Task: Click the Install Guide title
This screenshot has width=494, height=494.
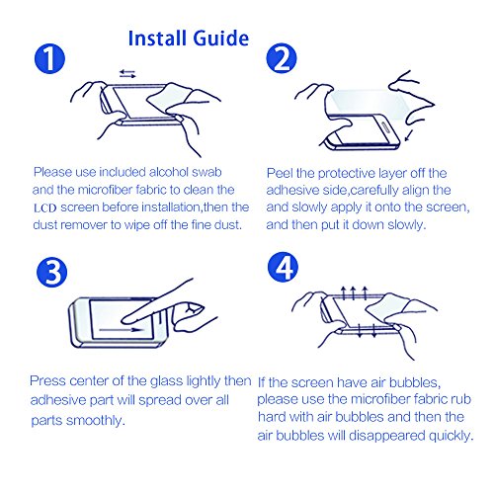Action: click(189, 39)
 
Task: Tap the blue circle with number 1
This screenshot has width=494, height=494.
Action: click(49, 58)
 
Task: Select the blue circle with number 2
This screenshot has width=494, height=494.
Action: click(282, 58)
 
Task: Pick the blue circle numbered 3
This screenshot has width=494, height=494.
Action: click(51, 272)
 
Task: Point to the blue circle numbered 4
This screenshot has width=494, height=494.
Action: click(283, 267)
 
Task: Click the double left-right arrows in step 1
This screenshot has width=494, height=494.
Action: click(127, 73)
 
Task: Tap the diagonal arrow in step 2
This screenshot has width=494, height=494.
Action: click(409, 135)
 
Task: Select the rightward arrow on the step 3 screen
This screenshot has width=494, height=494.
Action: click(122, 329)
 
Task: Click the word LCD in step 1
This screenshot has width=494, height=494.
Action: click(45, 208)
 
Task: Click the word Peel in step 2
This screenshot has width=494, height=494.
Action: click(280, 173)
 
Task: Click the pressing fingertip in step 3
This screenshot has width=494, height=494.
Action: click(126, 319)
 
